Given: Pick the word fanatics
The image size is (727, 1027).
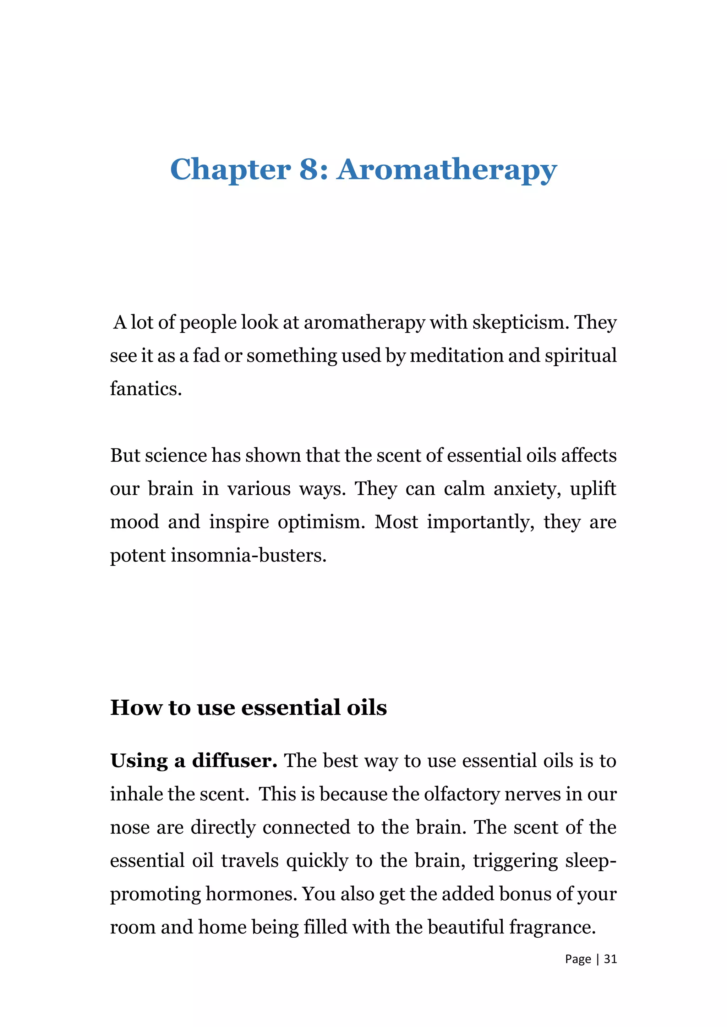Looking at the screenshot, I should click(x=146, y=389).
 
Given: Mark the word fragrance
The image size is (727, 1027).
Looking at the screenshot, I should click(x=552, y=927).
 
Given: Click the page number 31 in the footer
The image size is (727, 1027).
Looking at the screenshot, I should click(x=610, y=959).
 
